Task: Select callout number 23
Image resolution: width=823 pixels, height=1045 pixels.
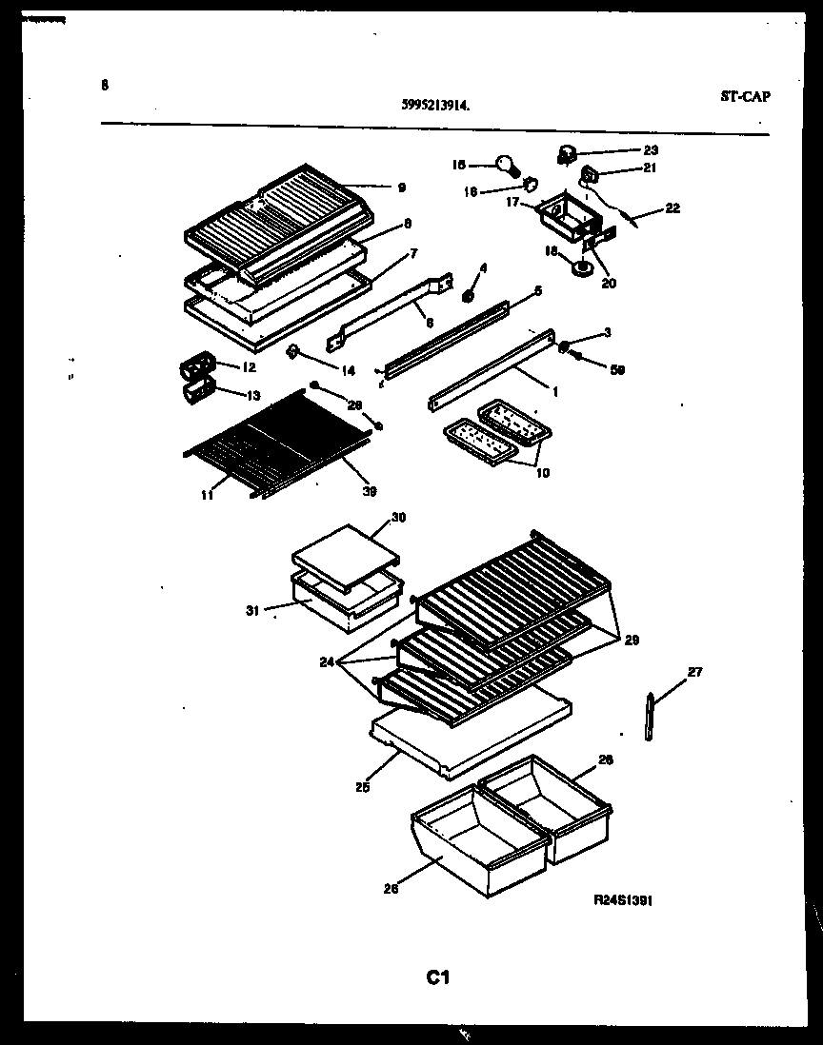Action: (651, 149)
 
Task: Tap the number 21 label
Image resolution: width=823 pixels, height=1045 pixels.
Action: (651, 169)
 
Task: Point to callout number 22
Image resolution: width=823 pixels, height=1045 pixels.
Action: (673, 208)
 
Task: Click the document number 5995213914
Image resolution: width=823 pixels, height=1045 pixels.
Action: (435, 108)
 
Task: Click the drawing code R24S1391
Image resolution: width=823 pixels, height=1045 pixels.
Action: (622, 899)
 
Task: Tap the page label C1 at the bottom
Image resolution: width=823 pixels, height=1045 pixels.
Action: (438, 976)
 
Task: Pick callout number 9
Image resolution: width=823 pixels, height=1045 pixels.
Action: (402, 187)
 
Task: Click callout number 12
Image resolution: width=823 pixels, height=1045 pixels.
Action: (249, 366)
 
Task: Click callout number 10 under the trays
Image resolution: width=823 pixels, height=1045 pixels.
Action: (543, 472)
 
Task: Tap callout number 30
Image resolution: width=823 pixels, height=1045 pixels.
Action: (398, 518)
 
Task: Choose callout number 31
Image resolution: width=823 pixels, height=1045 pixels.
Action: (252, 610)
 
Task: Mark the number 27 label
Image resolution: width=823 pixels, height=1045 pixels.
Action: (694, 673)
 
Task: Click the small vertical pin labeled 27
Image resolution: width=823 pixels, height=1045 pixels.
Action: (650, 717)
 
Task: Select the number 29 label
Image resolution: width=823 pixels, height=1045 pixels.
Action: (632, 640)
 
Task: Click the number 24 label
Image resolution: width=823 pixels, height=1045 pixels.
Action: (327, 661)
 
